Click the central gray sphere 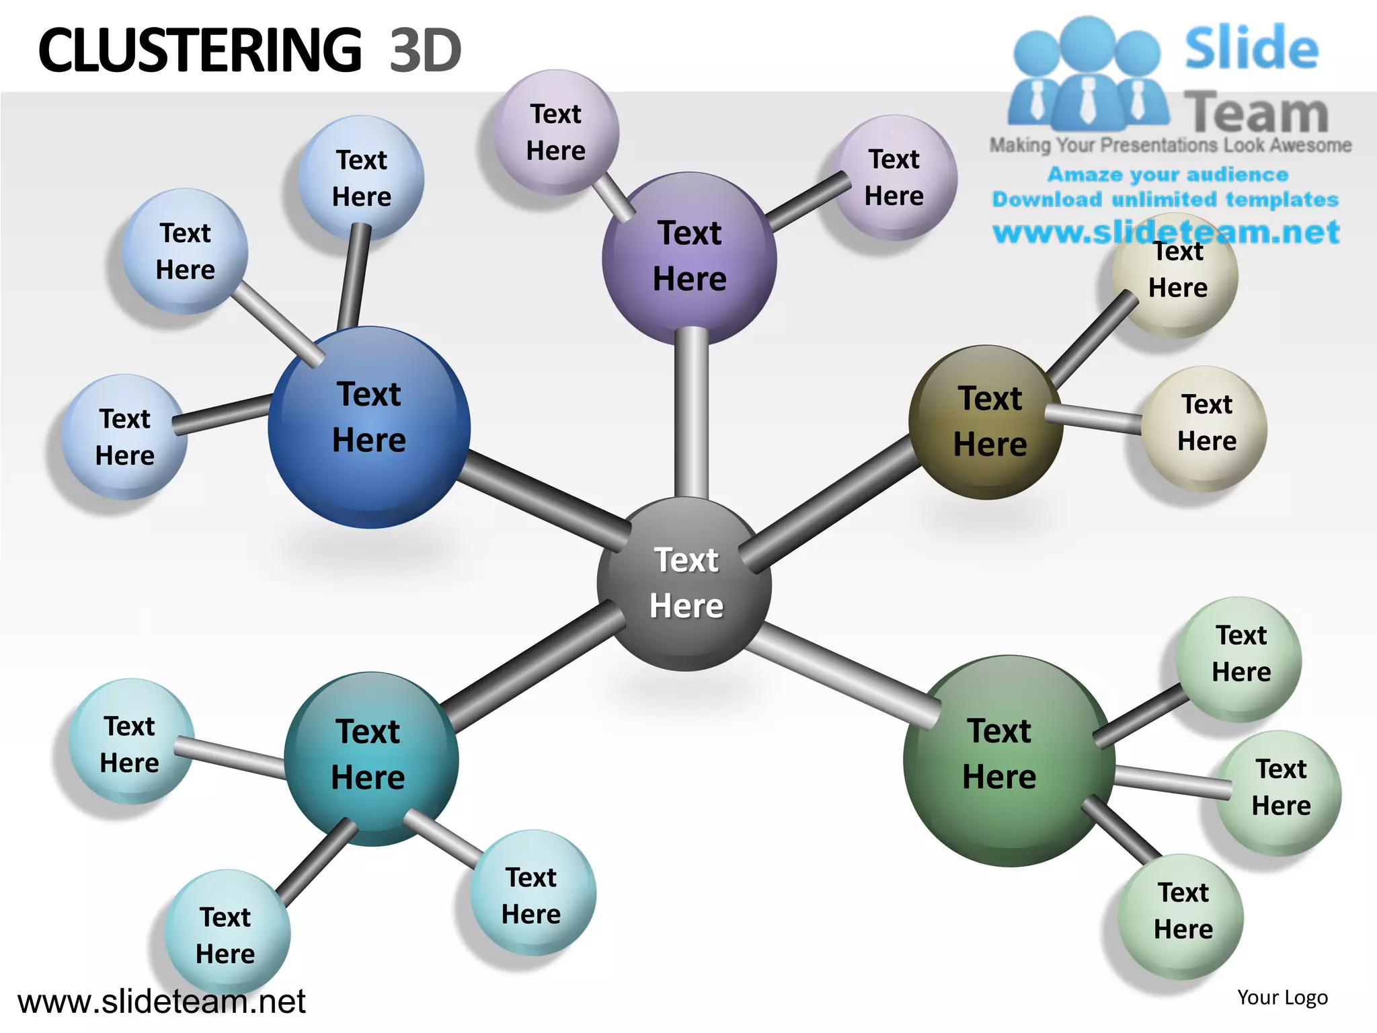click(684, 584)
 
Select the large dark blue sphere click(369, 428)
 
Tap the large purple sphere click(690, 258)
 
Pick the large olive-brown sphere click(986, 422)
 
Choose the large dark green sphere click(1009, 760)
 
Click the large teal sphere click(371, 759)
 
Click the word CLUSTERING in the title click(200, 50)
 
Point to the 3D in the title click(426, 50)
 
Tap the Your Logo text click(1282, 997)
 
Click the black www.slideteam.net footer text click(161, 1001)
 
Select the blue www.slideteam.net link click(1166, 232)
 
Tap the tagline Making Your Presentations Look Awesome click(1170, 145)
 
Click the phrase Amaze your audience click(1167, 175)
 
